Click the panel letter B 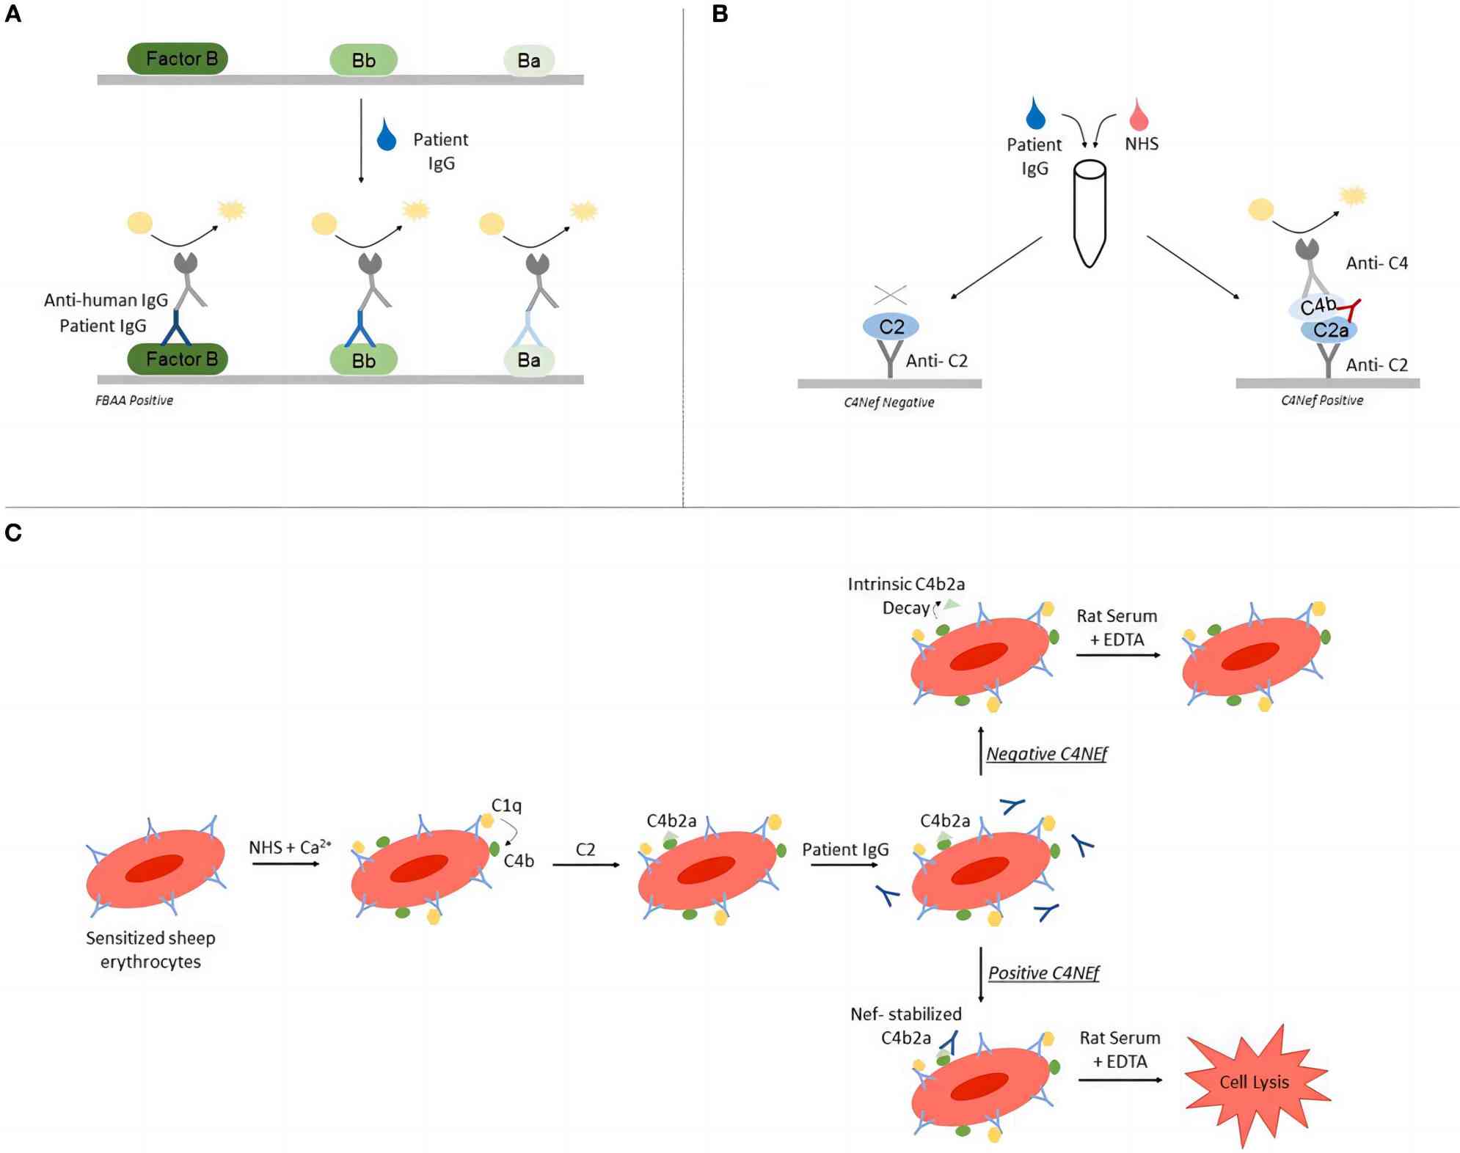(720, 14)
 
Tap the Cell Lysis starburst (1255, 1083)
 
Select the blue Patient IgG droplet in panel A (387, 137)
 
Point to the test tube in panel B (1089, 213)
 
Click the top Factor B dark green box (178, 59)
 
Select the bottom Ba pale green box (528, 360)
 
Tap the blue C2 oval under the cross (891, 326)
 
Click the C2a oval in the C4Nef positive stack (1329, 330)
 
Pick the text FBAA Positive (134, 400)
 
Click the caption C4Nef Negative (888, 403)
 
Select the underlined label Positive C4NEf (1043, 973)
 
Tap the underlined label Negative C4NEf (1046, 753)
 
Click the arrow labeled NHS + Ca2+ (286, 864)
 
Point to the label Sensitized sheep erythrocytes (150, 950)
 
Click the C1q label (506, 805)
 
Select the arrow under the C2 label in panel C (585, 865)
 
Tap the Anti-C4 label (1376, 263)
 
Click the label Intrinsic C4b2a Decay (906, 596)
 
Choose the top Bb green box (363, 60)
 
